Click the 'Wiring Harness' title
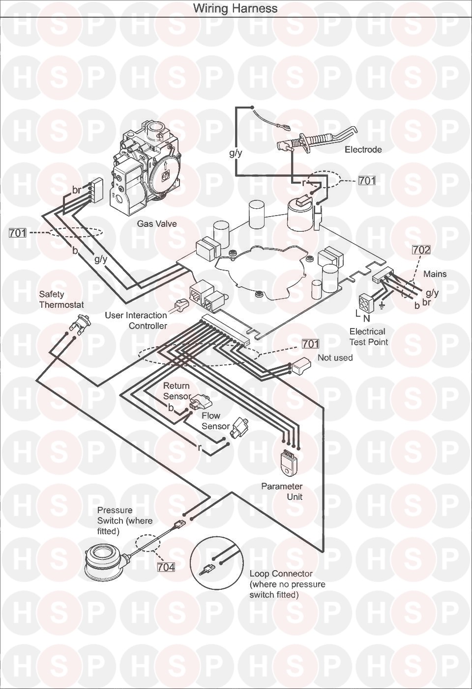235,8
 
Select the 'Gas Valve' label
157,223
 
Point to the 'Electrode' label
363,149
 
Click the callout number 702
421,250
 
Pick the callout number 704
166,567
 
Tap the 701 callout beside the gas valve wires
18,233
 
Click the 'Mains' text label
435,274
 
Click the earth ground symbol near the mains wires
382,306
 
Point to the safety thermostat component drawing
79,323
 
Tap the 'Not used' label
335,358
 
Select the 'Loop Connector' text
281,574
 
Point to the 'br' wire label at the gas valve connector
76,190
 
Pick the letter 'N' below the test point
366,318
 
